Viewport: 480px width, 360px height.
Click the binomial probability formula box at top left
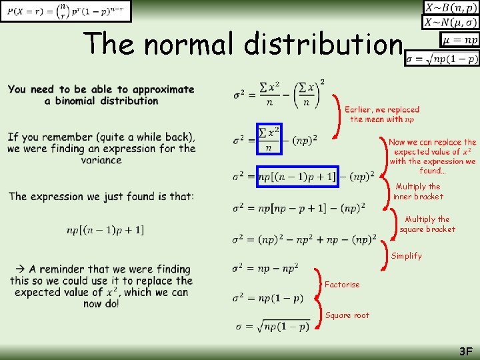pyautogui.click(x=66, y=11)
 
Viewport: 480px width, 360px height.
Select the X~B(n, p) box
pyautogui.click(x=451, y=8)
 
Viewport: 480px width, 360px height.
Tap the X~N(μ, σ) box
pyautogui.click(x=451, y=23)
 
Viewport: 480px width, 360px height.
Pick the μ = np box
pyautogui.click(x=459, y=41)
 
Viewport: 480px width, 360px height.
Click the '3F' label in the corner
pyautogui.click(x=465, y=351)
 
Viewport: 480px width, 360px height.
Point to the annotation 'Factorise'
pyautogui.click(x=342, y=285)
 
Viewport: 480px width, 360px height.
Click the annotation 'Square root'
pyautogui.click(x=347, y=315)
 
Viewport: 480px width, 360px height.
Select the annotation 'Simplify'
pyautogui.click(x=407, y=256)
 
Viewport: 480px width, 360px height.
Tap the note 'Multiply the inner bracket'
pyautogui.click(x=418, y=192)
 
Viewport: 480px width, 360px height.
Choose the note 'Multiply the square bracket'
pyautogui.click(x=427, y=224)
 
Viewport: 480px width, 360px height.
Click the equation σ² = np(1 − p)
pyautogui.click(x=267, y=298)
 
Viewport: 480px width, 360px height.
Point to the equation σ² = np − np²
pyautogui.click(x=265, y=269)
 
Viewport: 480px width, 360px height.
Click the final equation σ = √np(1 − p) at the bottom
pyautogui.click(x=273, y=327)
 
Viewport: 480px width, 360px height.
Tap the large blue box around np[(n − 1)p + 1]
pyautogui.click(x=297, y=177)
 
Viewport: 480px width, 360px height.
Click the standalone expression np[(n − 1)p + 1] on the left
pyautogui.click(x=105, y=230)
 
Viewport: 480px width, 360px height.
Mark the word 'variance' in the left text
pyautogui.click(x=101, y=160)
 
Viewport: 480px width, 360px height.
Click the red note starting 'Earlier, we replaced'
pyautogui.click(x=382, y=114)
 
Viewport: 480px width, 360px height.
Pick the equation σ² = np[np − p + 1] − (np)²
pyautogui.click(x=299, y=208)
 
